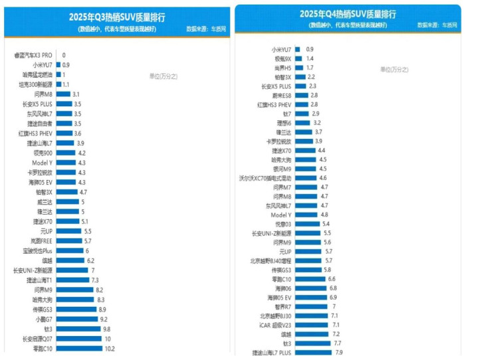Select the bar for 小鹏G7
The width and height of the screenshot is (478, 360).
[x=72, y=319]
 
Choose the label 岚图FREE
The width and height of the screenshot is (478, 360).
[x=41, y=240]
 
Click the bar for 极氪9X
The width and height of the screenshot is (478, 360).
[x=298, y=58]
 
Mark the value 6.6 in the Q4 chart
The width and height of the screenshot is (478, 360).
[x=331, y=279]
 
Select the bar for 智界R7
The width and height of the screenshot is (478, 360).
[x=311, y=306]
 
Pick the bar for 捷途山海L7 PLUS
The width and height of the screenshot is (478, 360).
[x=315, y=353]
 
